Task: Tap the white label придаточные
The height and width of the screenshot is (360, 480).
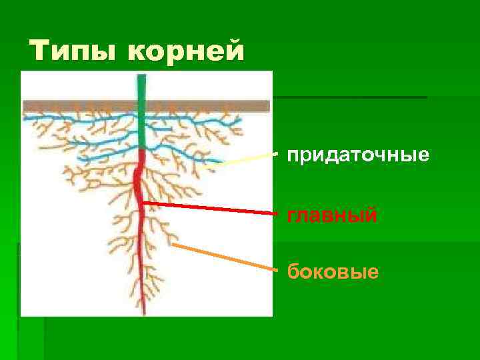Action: (x=357, y=156)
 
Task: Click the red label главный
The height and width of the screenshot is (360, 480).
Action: (x=332, y=215)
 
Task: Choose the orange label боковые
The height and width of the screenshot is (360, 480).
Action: (x=333, y=272)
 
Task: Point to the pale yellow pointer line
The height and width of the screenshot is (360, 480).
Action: (x=247, y=159)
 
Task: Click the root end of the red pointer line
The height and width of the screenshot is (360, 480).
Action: (x=143, y=202)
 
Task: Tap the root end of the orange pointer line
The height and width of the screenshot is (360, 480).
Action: (x=173, y=245)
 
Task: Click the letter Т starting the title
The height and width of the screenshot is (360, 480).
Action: (x=41, y=51)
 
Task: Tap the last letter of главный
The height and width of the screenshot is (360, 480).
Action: (x=372, y=215)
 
